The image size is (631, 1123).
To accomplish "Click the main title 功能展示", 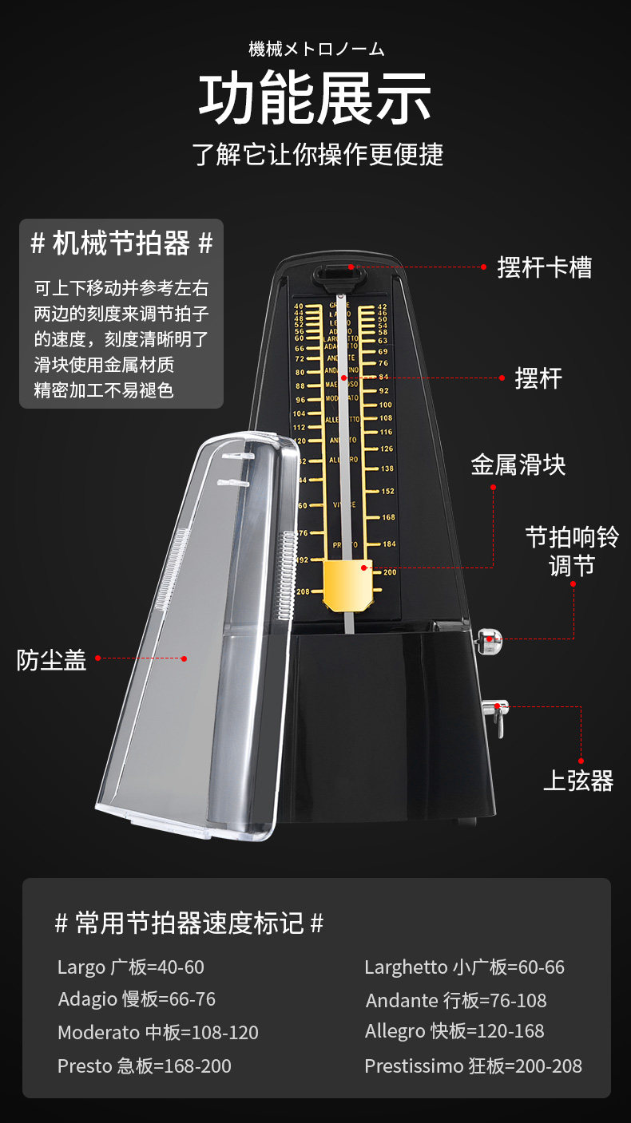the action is [315, 99].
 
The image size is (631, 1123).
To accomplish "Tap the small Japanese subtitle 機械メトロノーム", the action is [316, 49].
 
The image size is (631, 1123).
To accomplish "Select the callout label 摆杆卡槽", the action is [545, 267].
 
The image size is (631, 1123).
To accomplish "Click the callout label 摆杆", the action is [538, 378].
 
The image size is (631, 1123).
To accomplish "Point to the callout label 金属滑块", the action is [518, 465].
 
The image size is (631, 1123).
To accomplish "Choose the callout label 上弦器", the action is [577, 781].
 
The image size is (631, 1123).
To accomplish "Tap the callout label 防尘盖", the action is [51, 660].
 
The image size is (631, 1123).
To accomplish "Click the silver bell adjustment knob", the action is [487, 640].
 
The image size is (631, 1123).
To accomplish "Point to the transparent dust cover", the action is [200, 639].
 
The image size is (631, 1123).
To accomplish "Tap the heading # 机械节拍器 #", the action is [121, 243].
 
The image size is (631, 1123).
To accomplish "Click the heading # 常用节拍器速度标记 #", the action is [189, 923].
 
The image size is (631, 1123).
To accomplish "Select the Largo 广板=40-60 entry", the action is [131, 967].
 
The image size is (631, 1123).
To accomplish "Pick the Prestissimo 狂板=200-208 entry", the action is [473, 1066].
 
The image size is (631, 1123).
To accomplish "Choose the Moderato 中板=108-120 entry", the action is [158, 1032].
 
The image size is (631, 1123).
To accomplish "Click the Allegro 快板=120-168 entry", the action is [454, 1031].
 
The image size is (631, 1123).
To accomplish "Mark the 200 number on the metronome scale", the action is [390, 572].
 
